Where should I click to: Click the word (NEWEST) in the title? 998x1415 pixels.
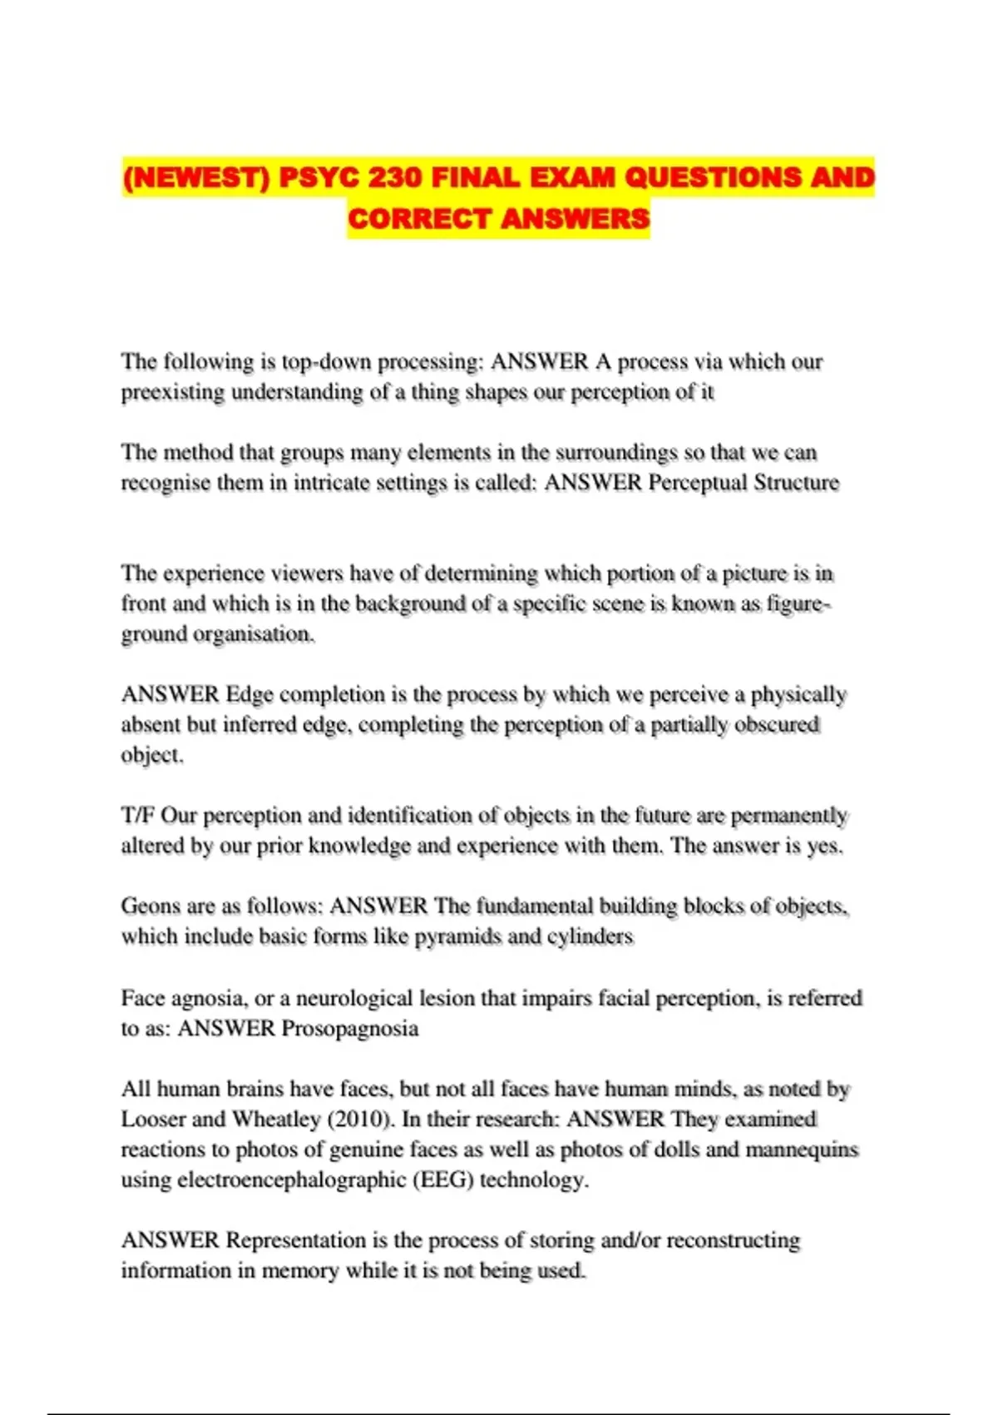coord(196,177)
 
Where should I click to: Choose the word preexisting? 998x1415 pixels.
coord(173,392)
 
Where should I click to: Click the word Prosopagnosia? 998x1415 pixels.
coord(349,1029)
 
